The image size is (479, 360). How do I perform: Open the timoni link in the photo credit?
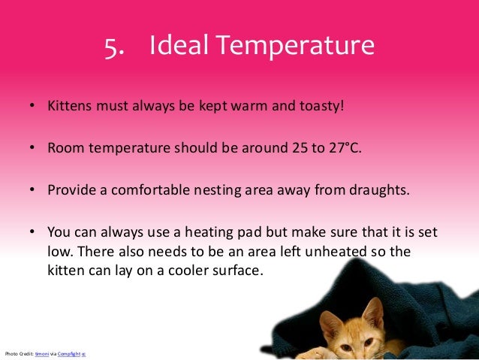coord(41,353)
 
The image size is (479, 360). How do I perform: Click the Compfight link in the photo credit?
coord(68,353)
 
